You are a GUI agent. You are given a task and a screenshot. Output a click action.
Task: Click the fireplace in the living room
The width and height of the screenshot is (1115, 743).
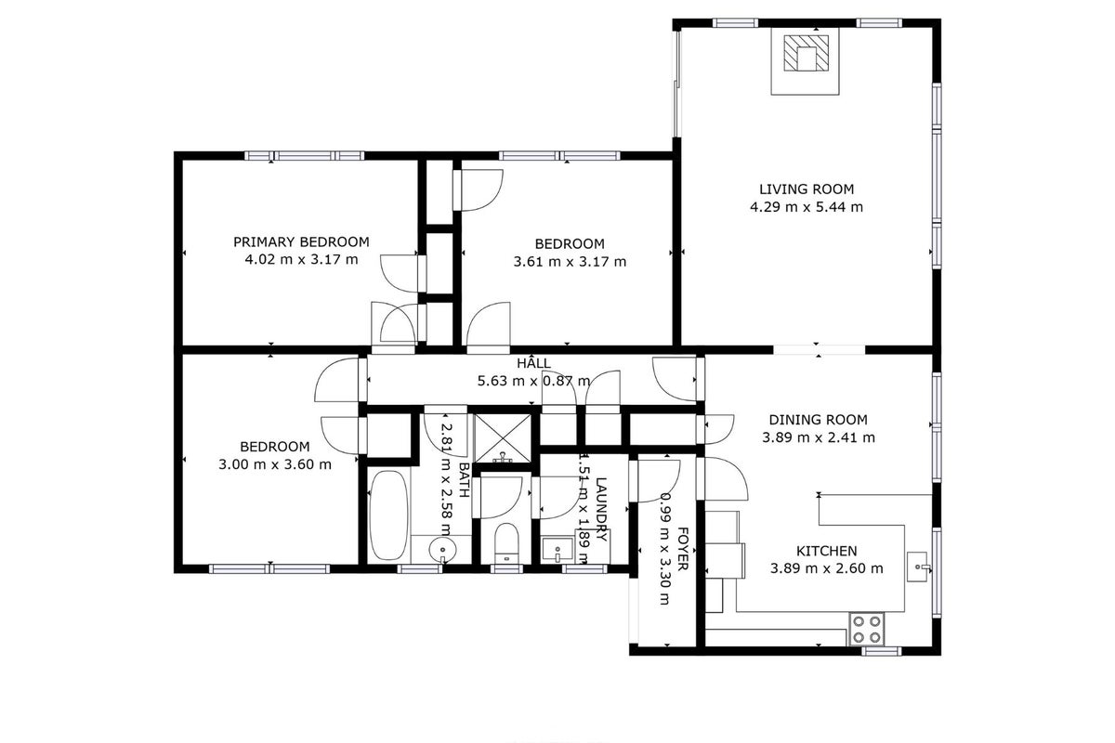pos(806,60)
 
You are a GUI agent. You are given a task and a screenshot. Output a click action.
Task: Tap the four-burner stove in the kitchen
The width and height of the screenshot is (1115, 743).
pos(867,629)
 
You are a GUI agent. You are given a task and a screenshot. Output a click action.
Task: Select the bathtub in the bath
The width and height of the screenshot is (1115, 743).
pos(388,515)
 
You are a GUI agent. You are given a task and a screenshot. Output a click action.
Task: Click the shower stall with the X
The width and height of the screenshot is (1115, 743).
pos(503,438)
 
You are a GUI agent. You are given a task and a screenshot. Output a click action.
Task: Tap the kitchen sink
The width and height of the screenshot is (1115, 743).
pos(917,567)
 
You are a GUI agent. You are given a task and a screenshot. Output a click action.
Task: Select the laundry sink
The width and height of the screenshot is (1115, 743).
pos(557,550)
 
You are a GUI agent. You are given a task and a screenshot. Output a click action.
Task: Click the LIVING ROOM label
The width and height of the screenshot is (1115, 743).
pos(807,189)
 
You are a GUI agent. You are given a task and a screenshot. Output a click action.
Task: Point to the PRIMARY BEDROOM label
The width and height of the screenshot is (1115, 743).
pos(301,241)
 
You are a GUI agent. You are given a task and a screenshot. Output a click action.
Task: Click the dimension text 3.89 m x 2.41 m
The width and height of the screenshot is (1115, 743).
pos(819,437)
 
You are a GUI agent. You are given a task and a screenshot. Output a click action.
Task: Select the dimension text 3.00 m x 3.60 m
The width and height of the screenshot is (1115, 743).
pos(275,464)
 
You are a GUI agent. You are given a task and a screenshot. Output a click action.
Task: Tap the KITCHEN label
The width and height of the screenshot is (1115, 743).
pos(827,551)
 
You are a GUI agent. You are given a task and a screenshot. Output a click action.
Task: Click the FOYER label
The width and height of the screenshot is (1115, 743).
pos(682,549)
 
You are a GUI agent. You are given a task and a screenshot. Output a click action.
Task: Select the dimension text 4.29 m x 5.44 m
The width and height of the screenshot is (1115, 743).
pos(807,207)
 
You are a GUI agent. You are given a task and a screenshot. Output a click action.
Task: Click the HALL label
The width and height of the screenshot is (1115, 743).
pos(533,362)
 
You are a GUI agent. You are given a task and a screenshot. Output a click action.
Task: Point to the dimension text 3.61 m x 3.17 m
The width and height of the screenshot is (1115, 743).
pos(570,262)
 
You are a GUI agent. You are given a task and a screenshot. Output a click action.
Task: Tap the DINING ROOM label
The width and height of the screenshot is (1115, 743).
pos(819,420)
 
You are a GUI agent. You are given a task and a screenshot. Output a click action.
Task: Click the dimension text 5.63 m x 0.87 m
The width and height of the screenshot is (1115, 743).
pos(533,381)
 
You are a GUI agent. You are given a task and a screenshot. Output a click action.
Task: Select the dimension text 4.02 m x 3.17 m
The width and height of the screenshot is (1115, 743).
pos(301,260)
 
